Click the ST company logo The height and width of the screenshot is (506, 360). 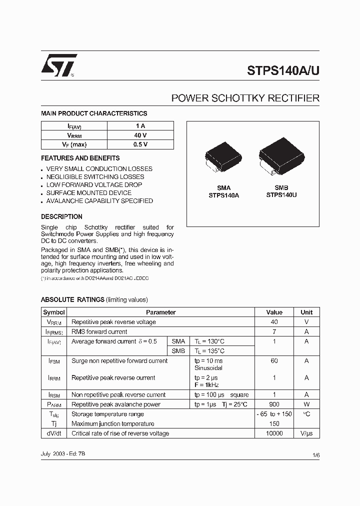[x=59, y=65]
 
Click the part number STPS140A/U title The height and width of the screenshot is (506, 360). [x=283, y=70]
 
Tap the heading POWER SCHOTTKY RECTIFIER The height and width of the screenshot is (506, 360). [x=245, y=98]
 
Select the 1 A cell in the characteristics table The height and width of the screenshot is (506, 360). [x=140, y=126]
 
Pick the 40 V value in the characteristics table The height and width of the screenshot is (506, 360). [x=140, y=135]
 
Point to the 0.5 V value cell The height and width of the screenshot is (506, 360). [x=140, y=144]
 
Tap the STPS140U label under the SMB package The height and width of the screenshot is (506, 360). [x=281, y=195]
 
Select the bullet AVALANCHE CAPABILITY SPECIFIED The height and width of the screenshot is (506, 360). [x=99, y=201]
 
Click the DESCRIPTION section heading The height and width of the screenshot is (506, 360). [x=61, y=216]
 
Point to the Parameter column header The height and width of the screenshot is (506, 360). [x=160, y=312]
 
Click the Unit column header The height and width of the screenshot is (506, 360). [x=306, y=312]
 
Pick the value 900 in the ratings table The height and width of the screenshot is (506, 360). [x=274, y=404]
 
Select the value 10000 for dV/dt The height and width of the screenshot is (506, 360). [x=274, y=433]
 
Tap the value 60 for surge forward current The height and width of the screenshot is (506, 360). [x=274, y=360]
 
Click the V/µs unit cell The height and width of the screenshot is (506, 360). [x=306, y=433]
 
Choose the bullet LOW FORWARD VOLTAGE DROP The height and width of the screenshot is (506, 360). [x=94, y=185]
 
